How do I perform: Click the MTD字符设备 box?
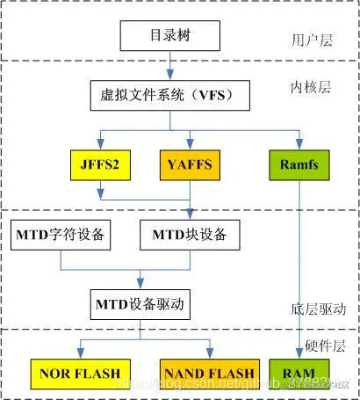(61, 235)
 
